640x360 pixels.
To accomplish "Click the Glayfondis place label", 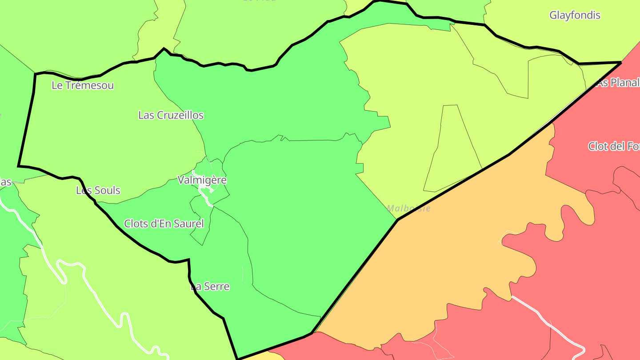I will click(575, 15).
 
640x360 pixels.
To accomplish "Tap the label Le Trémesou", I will click(83, 85).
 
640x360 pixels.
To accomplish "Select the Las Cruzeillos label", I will click(171, 115).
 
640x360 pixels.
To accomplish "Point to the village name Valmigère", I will click(202, 180).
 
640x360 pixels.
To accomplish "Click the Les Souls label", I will click(98, 191).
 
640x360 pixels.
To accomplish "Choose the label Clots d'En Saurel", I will click(164, 224).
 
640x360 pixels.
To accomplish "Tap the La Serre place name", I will click(210, 287).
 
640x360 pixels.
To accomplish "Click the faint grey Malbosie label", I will click(408, 208).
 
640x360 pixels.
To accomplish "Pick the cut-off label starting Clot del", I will click(613, 146).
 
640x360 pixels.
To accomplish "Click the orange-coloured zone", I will click(444, 258).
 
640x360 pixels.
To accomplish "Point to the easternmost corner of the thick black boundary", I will click(620, 63).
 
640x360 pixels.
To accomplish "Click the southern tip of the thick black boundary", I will click(238, 359).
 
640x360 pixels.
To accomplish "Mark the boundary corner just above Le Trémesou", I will click(35, 74).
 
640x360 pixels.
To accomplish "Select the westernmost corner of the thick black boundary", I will click(19, 166).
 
